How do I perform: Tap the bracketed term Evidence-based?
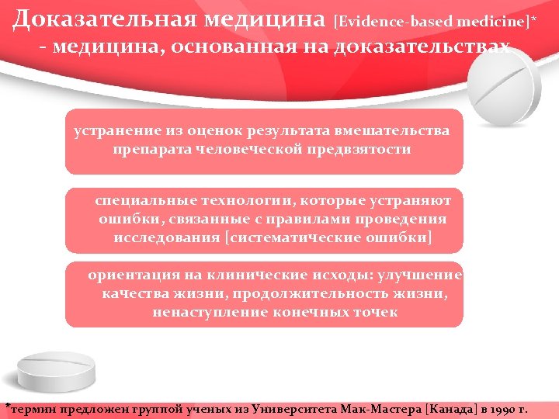pyautogui.click(x=383, y=19)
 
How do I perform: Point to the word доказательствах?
pyautogui.click(x=422, y=47)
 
